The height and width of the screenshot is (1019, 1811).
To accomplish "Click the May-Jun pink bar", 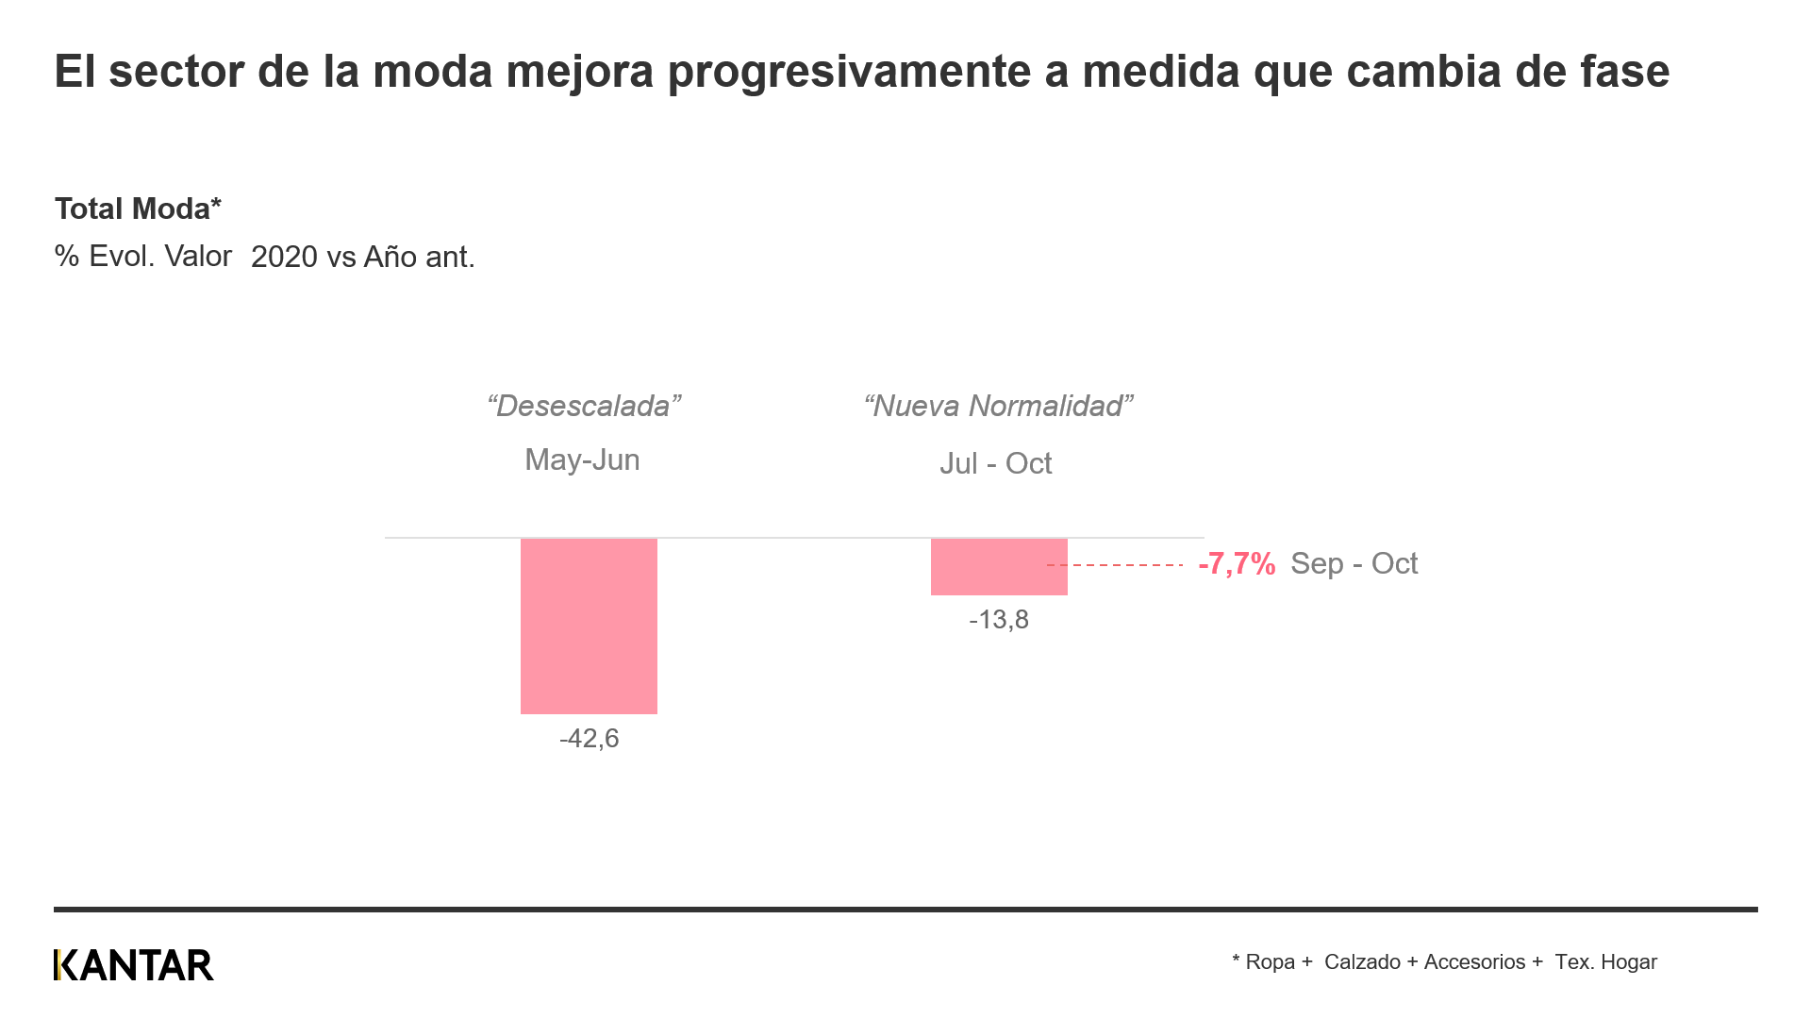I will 589,626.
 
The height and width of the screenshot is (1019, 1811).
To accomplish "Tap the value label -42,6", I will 589,738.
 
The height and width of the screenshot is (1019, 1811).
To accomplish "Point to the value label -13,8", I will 999,620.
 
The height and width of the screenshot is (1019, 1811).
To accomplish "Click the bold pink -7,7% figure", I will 1237,564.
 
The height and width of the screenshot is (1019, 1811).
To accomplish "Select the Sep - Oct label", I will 1354,563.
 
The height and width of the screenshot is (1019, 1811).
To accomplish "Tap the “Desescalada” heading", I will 584,406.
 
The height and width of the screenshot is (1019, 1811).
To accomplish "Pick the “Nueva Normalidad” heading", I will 998,406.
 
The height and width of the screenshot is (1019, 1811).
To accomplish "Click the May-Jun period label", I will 582,459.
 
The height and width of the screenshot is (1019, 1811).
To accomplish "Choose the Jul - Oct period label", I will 995,463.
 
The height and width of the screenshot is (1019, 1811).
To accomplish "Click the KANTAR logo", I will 134,964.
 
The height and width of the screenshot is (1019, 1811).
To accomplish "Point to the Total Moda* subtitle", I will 138,209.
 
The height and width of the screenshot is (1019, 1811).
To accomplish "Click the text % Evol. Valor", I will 143,256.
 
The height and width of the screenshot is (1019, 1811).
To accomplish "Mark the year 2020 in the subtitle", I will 284,257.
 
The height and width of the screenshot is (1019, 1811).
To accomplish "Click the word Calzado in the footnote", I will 1362,961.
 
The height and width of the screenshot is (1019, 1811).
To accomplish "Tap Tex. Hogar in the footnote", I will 1605,961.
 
